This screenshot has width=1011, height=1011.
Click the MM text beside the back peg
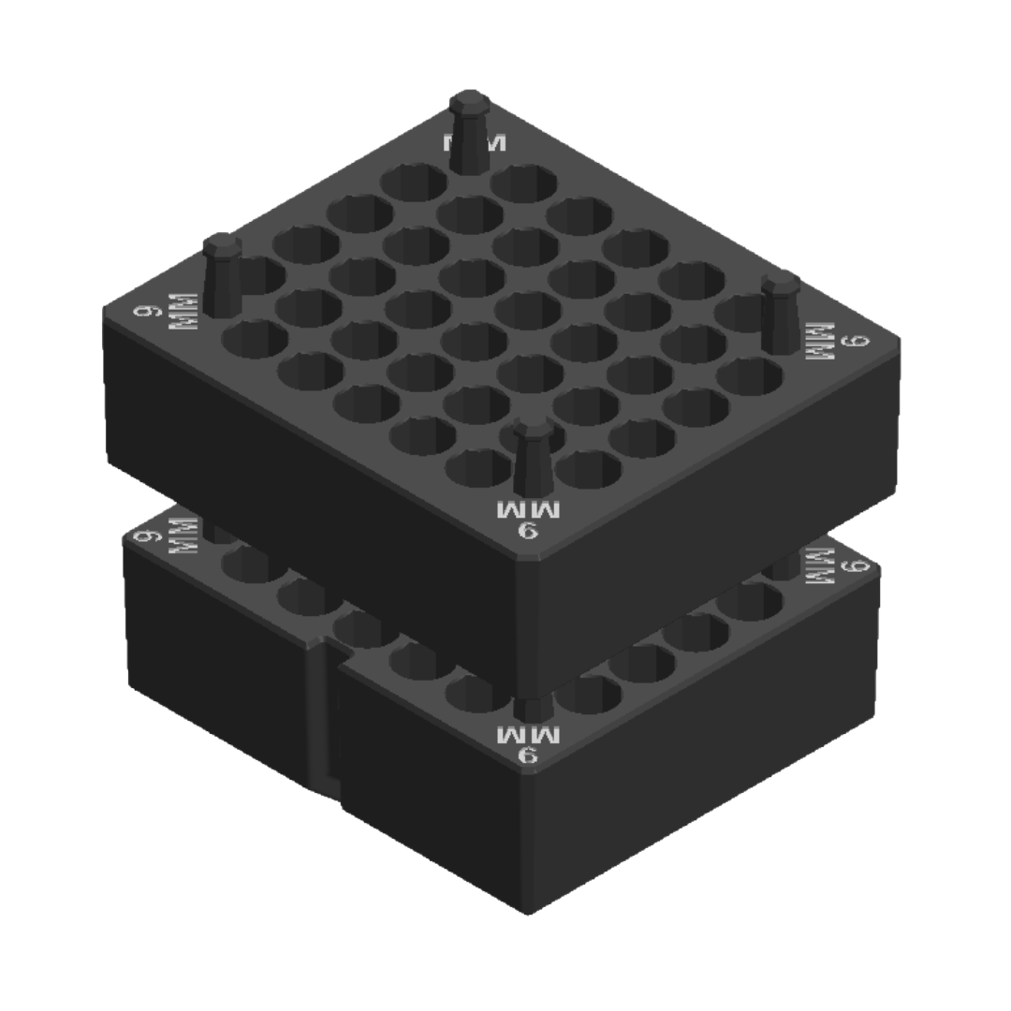475,143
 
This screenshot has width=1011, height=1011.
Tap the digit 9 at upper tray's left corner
144,309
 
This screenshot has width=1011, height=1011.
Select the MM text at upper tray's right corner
819,342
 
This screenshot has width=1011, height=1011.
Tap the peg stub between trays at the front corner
530,707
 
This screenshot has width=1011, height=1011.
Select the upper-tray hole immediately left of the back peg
413,182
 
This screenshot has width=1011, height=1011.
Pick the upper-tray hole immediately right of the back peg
524,183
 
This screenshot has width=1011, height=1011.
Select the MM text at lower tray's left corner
183,537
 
